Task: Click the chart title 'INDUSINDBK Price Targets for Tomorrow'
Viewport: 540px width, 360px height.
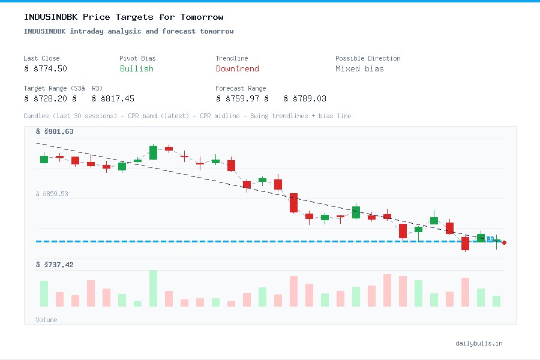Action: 123,17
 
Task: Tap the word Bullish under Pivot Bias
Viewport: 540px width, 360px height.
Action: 136,68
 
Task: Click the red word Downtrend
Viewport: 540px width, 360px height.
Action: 237,68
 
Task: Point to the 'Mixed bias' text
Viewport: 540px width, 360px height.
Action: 359,68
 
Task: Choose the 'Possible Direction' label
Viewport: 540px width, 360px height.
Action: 367,58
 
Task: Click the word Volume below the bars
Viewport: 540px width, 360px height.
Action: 46,320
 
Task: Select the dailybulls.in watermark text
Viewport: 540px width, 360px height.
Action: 479,343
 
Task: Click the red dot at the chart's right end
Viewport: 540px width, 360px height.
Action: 505,242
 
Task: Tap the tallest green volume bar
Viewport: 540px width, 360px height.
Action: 153,288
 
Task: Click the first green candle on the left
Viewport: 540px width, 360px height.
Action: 44,159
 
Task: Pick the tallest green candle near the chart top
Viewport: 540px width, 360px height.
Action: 153,152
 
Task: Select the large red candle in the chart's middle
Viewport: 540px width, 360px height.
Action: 293,203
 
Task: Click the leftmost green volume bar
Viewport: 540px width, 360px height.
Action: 44,293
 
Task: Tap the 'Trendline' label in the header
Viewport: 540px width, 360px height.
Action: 232,58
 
